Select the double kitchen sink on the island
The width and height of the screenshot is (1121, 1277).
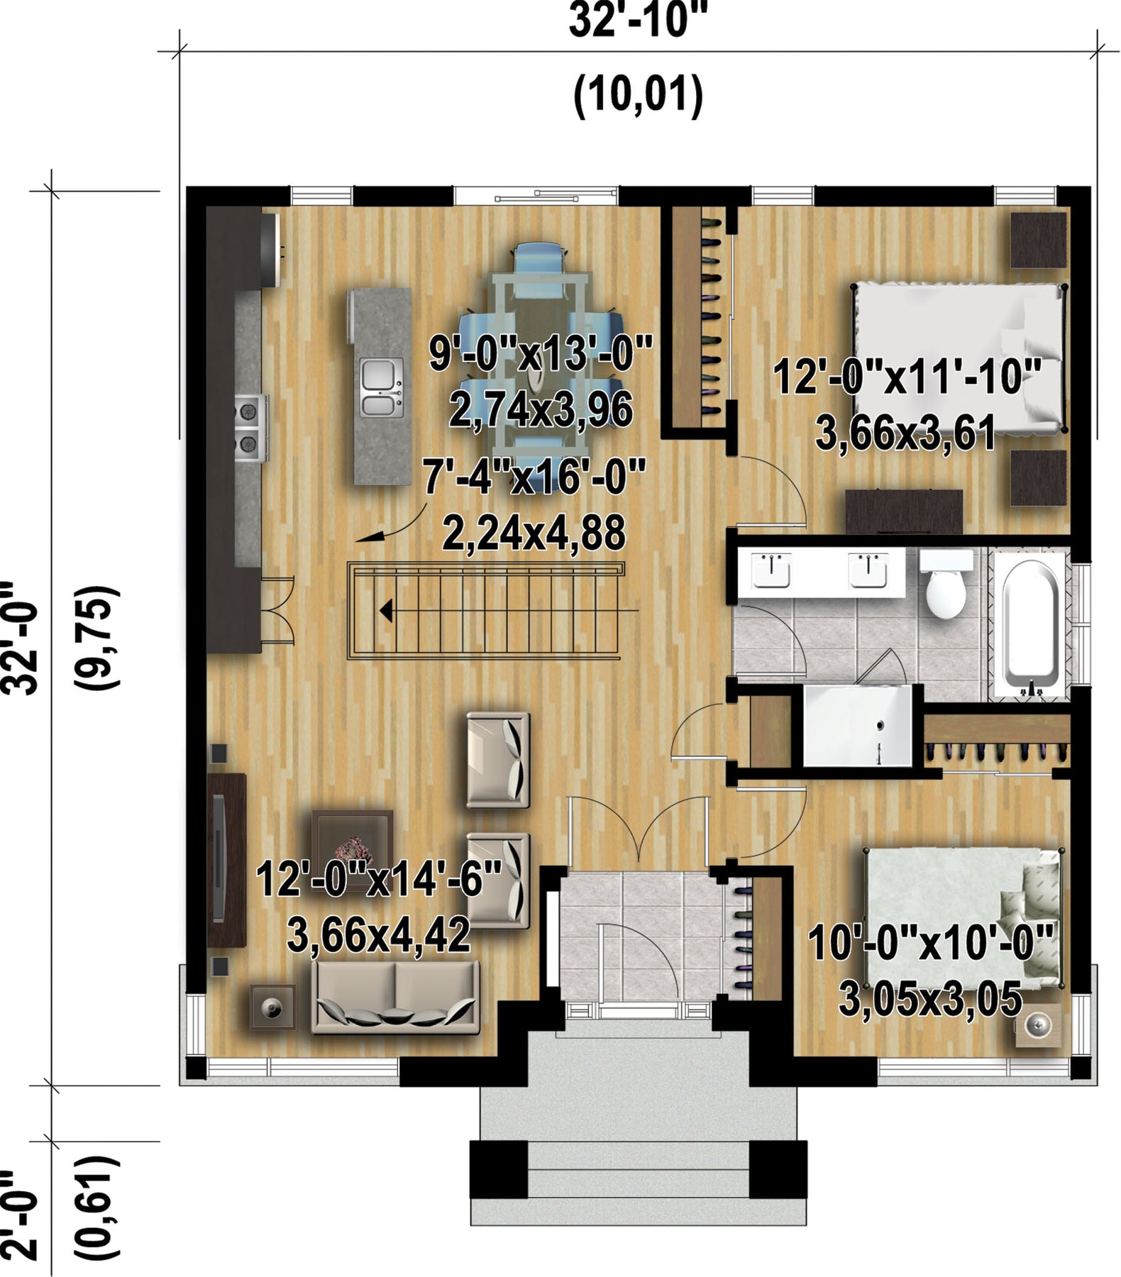coord(382,387)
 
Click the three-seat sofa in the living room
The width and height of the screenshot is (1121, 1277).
coord(395,997)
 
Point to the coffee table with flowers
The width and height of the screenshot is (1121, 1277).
coord(353,846)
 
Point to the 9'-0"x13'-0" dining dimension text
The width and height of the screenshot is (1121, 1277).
coord(541,353)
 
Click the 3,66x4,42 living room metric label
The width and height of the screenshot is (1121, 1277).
coord(378,935)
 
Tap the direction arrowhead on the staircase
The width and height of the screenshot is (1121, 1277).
coord(386,609)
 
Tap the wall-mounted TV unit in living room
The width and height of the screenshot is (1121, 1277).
coord(226,859)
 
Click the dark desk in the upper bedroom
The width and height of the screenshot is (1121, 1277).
coord(904,511)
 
